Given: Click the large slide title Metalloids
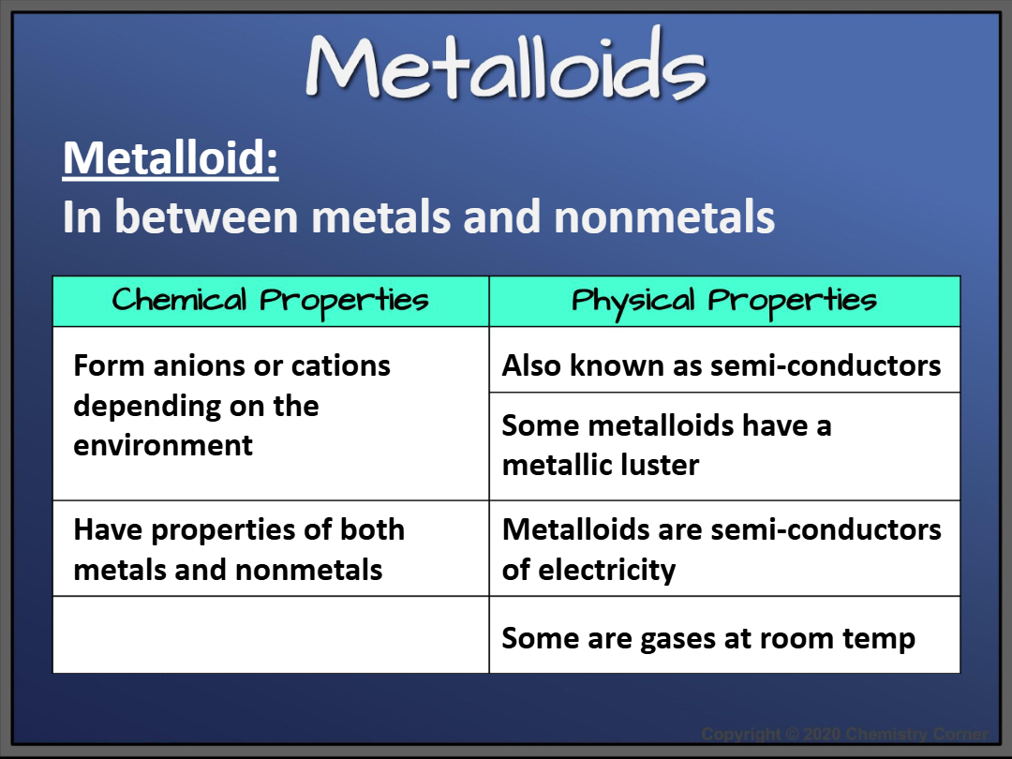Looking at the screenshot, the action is tap(506, 64).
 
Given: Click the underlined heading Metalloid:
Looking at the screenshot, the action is tap(171, 158).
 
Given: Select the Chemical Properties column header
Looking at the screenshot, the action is tap(270, 301).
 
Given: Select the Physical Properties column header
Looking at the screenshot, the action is tap(724, 301).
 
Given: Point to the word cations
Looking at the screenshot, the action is tap(341, 366).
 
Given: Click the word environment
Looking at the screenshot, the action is tap(163, 445).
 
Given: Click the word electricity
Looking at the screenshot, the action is tap(606, 571).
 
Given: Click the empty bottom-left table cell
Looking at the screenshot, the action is tap(271, 635).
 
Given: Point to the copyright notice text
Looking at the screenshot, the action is tap(844, 734).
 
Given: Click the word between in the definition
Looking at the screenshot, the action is tap(208, 216).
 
